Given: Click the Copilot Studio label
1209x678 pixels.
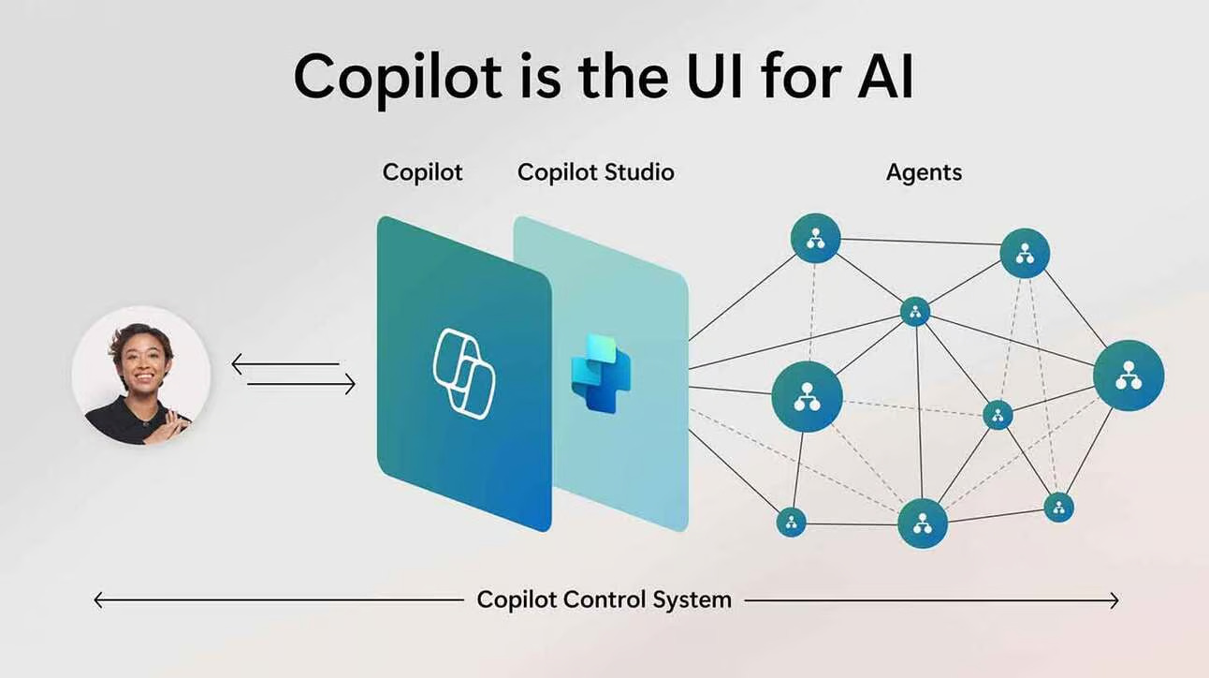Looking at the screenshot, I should [x=595, y=172].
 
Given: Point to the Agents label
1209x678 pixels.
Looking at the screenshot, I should [x=924, y=172].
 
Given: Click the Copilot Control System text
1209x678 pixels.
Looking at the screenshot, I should [x=604, y=599].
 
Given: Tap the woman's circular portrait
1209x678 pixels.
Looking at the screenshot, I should [x=140, y=376].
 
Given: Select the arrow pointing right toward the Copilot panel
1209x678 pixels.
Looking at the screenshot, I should [x=348, y=384].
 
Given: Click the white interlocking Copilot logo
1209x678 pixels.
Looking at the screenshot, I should [x=464, y=374].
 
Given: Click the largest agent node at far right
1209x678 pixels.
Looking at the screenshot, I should [x=1129, y=375].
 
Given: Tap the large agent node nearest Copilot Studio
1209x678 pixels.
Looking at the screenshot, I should [x=807, y=396].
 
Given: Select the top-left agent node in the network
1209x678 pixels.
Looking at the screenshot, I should [x=815, y=238].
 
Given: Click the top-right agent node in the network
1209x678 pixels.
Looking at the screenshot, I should [x=1025, y=253].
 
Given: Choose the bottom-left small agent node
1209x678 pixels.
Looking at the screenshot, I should [x=791, y=522].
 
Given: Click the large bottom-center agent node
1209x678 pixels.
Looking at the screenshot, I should [x=923, y=523].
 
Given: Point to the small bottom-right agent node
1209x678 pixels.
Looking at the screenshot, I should [x=1058, y=508].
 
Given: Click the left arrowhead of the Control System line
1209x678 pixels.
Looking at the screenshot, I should [x=97, y=600].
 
